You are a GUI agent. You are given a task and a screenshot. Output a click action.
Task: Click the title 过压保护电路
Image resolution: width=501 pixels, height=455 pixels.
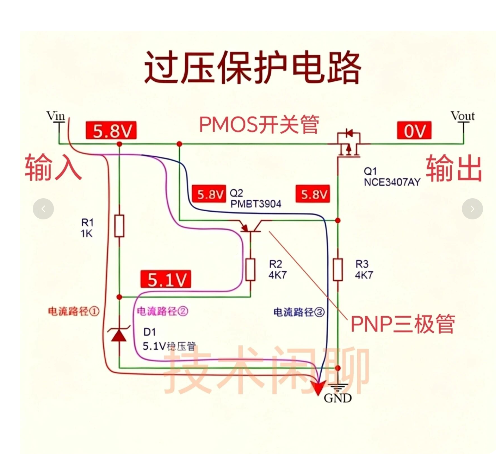point(253,67)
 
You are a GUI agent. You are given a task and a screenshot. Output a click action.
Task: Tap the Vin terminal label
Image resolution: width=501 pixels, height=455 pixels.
point(56,116)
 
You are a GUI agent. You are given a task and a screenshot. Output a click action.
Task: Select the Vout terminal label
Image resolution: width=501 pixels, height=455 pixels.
point(463,116)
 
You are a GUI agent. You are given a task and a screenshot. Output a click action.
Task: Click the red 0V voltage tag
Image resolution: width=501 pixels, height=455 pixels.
point(414,130)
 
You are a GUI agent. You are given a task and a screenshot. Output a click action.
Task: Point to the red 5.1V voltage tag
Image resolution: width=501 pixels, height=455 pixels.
point(166,279)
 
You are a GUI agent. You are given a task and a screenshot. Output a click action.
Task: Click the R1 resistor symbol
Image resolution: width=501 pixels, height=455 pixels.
point(119,226)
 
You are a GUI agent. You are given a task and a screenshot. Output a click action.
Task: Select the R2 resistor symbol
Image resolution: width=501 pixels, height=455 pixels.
point(250,270)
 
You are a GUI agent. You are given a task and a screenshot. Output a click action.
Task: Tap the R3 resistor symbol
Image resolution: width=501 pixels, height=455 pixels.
point(338,270)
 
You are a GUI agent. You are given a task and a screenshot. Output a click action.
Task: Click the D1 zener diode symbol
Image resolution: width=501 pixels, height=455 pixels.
point(119,333)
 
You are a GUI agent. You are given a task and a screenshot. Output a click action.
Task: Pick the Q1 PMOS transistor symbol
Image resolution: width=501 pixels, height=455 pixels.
point(349,144)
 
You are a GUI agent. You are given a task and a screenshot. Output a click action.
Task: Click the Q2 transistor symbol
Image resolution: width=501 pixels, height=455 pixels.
point(251,226)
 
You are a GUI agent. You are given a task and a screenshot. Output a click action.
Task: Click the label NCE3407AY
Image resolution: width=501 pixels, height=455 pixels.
point(392,182)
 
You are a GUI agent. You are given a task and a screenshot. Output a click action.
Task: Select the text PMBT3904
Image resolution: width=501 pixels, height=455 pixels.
point(256,204)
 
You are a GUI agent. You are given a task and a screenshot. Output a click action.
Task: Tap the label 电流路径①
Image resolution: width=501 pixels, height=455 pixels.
point(74,311)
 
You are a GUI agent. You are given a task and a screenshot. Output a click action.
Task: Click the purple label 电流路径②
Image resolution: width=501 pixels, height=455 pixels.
point(162,311)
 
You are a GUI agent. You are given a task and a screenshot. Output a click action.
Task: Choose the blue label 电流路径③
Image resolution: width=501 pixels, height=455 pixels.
point(299,312)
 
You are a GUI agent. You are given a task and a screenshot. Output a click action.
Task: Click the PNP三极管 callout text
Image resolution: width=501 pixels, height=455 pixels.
point(403,324)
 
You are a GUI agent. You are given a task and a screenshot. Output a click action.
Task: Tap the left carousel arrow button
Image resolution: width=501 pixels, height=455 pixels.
point(43,209)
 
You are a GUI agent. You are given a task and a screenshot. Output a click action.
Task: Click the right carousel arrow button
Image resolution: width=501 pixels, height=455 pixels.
point(472,209)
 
